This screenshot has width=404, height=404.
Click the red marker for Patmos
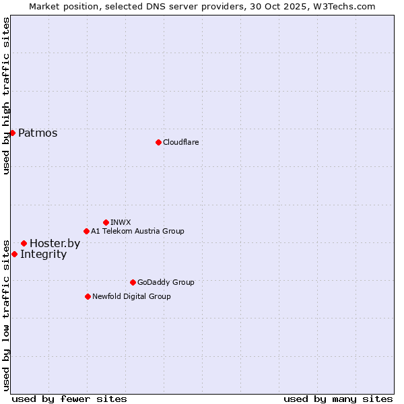coord(12,133)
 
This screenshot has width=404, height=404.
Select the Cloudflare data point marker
coord(158,142)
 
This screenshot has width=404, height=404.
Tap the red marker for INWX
coord(106,222)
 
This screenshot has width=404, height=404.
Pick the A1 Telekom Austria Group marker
coord(86,231)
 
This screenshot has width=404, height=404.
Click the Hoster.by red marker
coord(24,243)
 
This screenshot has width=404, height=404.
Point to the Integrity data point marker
coord(14,254)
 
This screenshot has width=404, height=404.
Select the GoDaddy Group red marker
coord(133,282)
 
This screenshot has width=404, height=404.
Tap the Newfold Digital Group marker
coord(88,296)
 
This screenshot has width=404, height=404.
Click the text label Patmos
coord(38,133)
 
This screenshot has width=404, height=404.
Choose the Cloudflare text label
coord(180,142)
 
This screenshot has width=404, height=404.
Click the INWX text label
coord(121,222)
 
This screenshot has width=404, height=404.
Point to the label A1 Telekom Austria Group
coord(137,231)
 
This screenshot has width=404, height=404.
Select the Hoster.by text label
coord(55,244)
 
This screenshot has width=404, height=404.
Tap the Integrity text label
coord(43,255)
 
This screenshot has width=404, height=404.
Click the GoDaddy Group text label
coord(165,282)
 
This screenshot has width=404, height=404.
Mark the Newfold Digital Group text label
coord(131,296)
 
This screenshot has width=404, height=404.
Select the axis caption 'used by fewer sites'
coord(69,399)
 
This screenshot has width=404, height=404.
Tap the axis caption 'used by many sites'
coord(338,399)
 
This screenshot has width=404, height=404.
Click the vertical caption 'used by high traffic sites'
coord(6,96)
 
